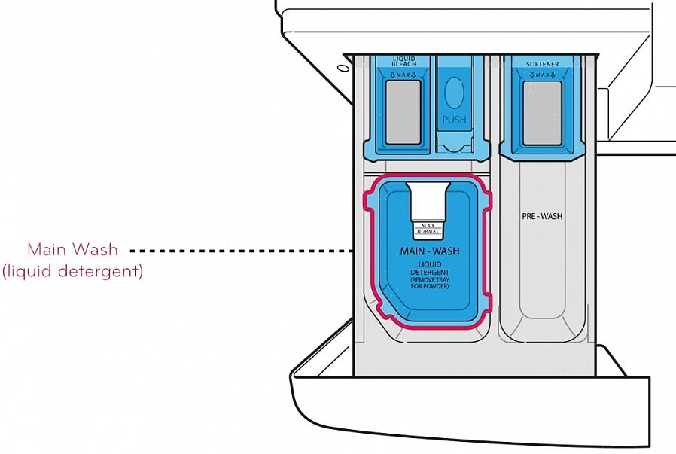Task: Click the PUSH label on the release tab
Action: (454, 120)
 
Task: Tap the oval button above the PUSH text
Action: (454, 93)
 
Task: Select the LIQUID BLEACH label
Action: (404, 61)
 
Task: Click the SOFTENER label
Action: (542, 64)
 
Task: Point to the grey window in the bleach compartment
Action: (403, 112)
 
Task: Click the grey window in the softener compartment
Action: (542, 114)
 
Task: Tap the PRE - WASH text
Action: (542, 216)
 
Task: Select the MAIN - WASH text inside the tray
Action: (430, 251)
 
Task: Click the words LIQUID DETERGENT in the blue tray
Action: (430, 268)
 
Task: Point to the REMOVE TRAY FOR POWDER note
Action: (430, 283)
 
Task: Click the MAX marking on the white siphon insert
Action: (428, 225)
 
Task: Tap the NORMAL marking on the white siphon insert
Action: (428, 232)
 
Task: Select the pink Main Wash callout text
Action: (72, 250)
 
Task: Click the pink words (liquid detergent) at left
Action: (72, 272)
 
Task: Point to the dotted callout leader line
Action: (241, 251)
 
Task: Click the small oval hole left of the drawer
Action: (343, 68)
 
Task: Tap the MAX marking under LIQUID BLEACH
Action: (403, 75)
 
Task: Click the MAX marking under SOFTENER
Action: (542, 75)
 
